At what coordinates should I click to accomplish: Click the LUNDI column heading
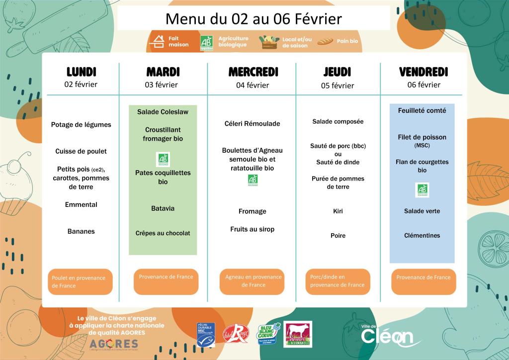click(x=81, y=72)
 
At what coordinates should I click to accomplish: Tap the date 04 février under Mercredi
click(x=253, y=85)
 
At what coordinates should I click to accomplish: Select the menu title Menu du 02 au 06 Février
click(x=254, y=19)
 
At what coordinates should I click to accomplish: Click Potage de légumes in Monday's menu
click(x=81, y=125)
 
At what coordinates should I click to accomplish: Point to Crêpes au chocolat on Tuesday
click(x=163, y=233)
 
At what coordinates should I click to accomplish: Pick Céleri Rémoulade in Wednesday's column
click(x=253, y=123)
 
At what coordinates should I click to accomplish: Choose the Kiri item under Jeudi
click(x=338, y=211)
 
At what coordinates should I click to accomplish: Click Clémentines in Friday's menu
click(x=422, y=235)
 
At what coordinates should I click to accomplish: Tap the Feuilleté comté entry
click(x=422, y=110)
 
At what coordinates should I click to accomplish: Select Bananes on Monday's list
click(x=81, y=231)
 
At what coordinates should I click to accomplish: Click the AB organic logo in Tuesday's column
click(x=163, y=159)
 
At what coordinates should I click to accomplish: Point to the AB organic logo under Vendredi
click(x=422, y=189)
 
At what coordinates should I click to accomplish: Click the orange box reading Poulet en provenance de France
click(x=80, y=282)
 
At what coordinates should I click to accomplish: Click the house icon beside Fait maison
click(x=157, y=41)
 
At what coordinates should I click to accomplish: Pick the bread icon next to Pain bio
click(x=326, y=41)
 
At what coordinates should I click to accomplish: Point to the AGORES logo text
click(x=114, y=344)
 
